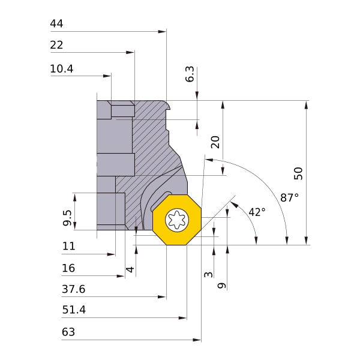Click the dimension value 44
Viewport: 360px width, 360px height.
click(57, 24)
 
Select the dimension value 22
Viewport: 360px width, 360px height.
click(57, 46)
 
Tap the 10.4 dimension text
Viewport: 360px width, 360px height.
click(62, 70)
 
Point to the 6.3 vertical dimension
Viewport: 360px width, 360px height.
click(190, 74)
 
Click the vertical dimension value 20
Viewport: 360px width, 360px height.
click(215, 142)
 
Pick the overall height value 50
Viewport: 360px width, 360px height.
click(298, 173)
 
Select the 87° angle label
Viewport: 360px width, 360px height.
click(289, 197)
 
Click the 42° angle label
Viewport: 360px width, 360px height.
click(256, 212)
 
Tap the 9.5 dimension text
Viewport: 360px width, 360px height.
click(67, 218)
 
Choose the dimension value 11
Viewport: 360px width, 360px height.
click(68, 247)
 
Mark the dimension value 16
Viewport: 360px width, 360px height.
click(68, 268)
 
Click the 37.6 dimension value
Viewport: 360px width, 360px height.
click(74, 290)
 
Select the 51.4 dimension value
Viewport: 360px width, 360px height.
click(74, 311)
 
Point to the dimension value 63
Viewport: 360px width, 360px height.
click(68, 332)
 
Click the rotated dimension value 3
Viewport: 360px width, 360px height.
click(208, 274)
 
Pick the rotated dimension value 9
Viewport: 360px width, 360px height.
click(221, 286)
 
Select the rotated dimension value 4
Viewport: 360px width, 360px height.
click(129, 269)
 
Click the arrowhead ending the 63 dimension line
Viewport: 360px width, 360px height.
click(197, 340)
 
